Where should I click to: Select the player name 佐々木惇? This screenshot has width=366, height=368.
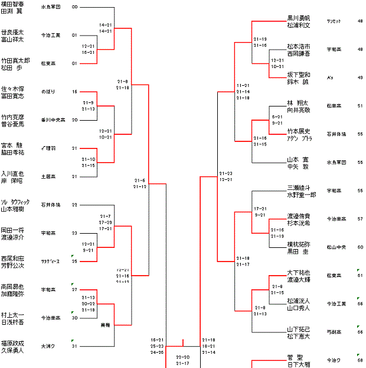click(x=13, y=88)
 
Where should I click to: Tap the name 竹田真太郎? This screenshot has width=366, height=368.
click(x=15, y=60)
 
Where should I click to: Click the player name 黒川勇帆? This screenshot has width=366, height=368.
click(x=299, y=18)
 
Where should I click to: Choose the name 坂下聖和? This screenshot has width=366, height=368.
click(x=299, y=74)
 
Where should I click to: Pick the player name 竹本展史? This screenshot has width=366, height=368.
click(x=299, y=131)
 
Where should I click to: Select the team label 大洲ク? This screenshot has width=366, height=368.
click(x=48, y=346)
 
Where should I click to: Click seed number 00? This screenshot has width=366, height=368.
click(x=74, y=7)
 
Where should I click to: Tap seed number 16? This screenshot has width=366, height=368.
click(x=74, y=92)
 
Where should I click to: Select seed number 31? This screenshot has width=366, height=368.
click(x=74, y=346)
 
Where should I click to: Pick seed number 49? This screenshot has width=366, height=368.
click(x=360, y=78)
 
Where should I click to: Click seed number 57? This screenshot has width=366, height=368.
click(x=360, y=219)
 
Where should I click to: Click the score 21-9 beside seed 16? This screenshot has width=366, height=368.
click(x=89, y=102)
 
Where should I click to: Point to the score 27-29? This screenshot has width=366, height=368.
click(x=106, y=222)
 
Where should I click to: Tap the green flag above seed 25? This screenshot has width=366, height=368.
click(x=72, y=256)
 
